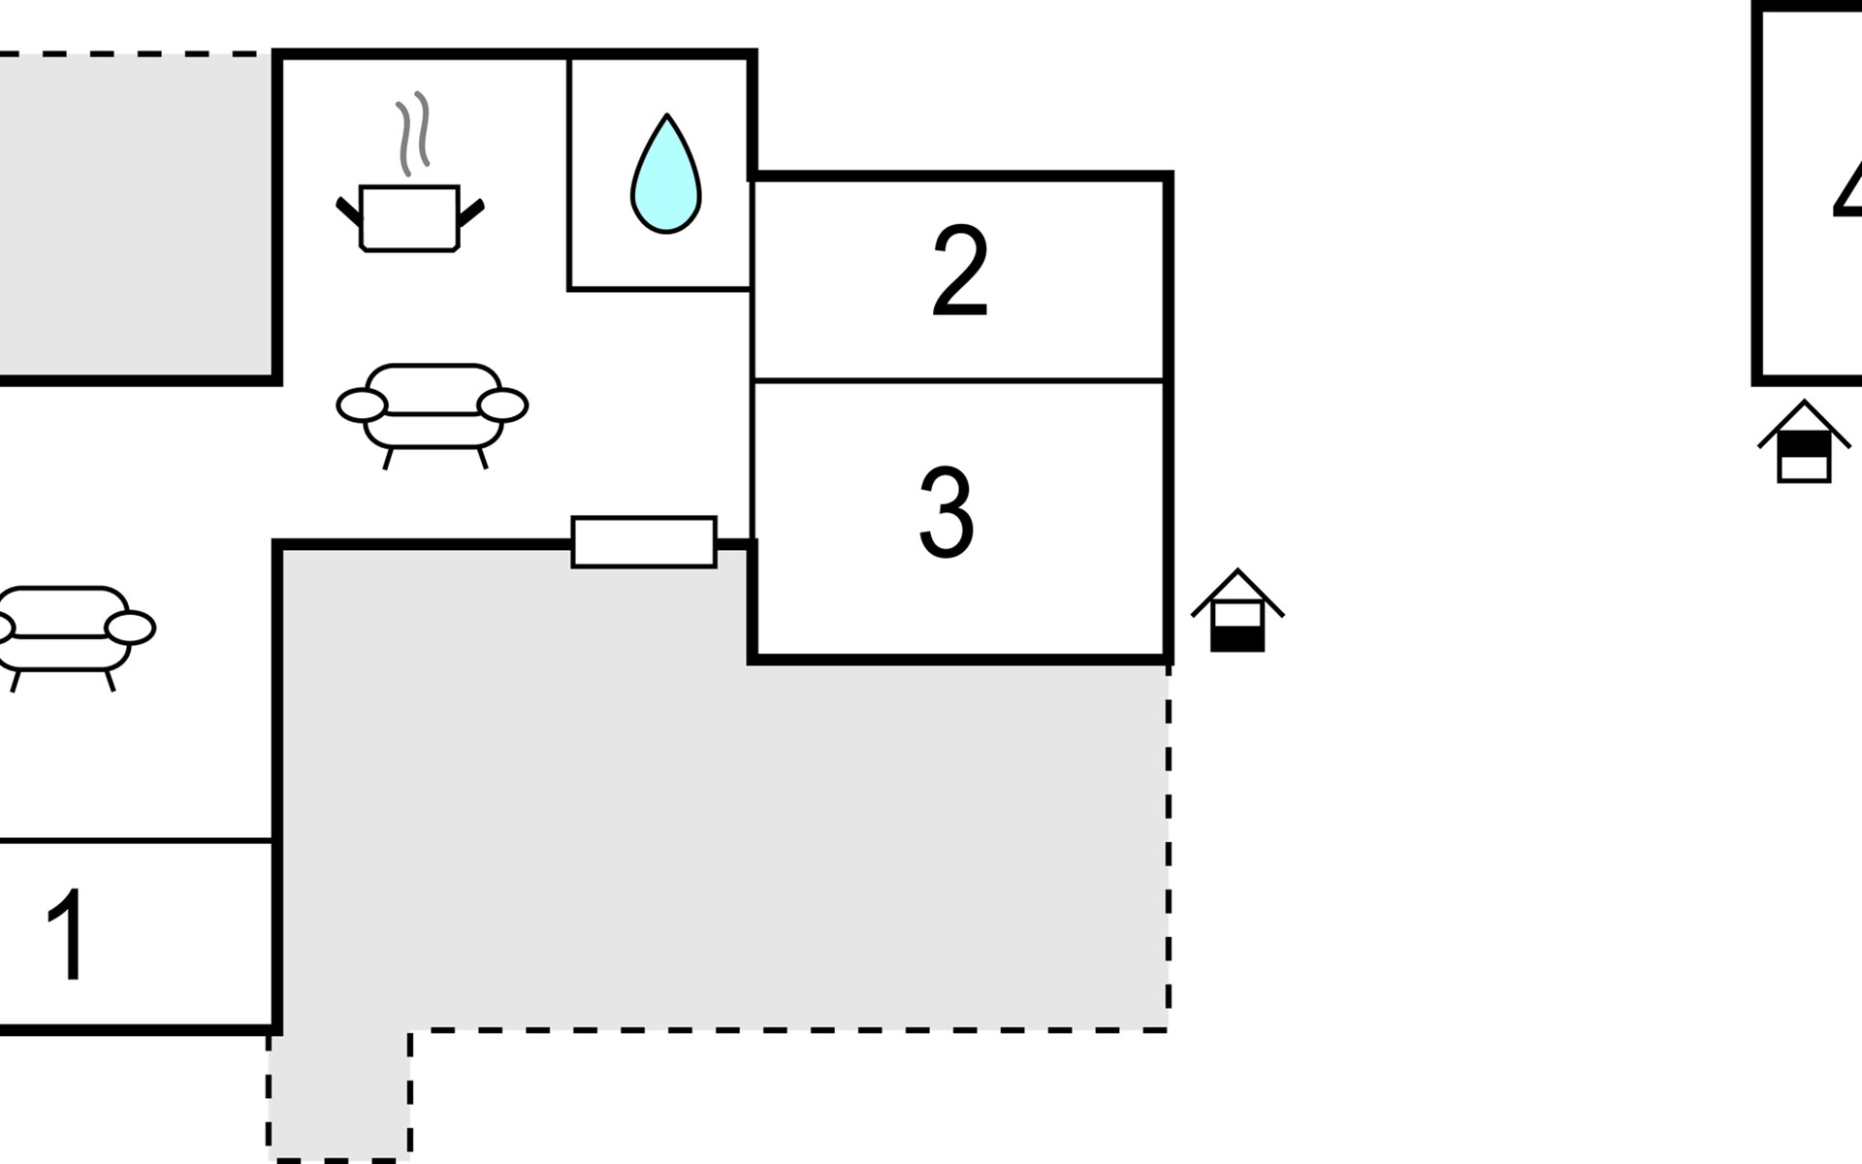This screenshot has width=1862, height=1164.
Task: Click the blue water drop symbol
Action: [x=666, y=178]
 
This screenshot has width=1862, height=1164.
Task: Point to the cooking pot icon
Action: [x=409, y=217]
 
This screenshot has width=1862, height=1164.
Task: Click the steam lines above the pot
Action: [x=412, y=133]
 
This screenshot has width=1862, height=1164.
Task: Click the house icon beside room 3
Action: [x=1237, y=611]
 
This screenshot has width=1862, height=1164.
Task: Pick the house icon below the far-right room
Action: [x=1804, y=442]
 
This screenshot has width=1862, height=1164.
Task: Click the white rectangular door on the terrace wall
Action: [x=644, y=541]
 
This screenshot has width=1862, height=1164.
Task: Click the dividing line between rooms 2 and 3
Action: [x=959, y=379]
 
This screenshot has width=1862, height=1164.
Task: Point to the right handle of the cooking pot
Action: [x=470, y=212]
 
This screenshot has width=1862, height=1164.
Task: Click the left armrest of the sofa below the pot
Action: [x=362, y=404]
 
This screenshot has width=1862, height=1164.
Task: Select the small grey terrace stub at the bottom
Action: [x=338, y=1096]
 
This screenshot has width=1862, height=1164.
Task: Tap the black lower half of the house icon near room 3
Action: [x=1237, y=639]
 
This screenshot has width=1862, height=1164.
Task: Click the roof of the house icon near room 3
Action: [x=1237, y=586]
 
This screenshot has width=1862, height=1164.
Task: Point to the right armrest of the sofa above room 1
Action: [x=130, y=628]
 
